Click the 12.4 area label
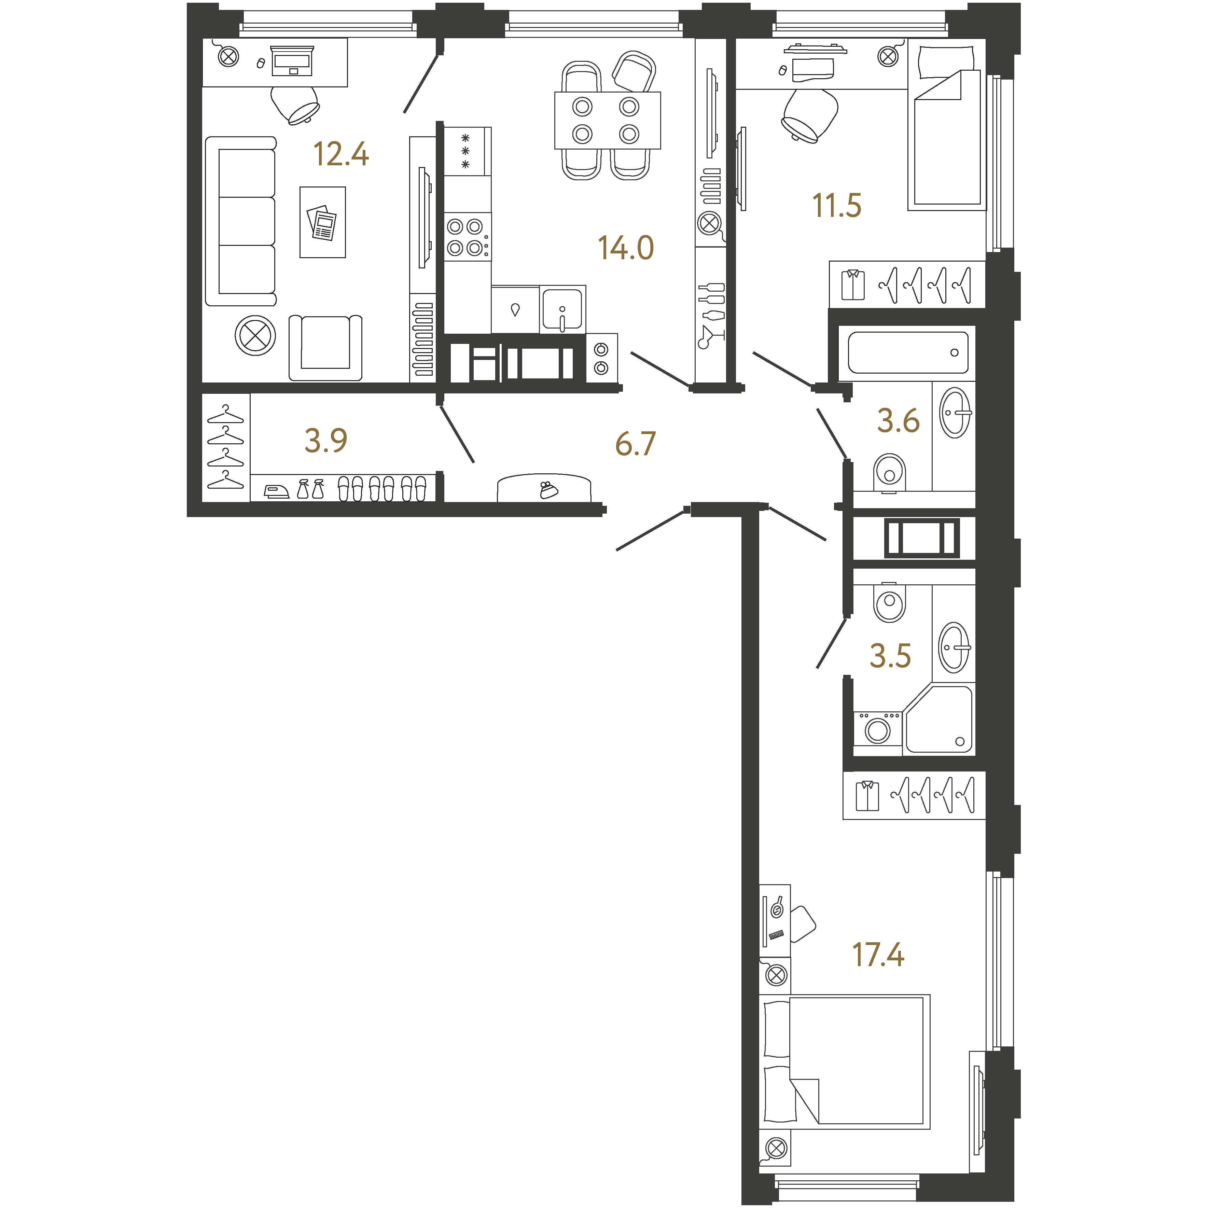(341, 154)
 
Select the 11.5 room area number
(837, 206)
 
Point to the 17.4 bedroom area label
(878, 955)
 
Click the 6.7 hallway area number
(635, 444)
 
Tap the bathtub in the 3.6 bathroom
(907, 352)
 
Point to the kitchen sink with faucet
(562, 309)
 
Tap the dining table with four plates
(608, 120)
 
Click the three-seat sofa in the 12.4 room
(241, 221)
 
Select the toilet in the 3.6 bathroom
(889, 473)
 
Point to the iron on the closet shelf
(276, 492)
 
